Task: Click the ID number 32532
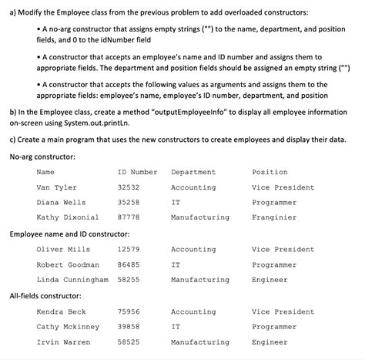[128, 187]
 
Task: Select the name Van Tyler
[57, 187]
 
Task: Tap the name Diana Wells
[61, 202]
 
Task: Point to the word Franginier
[273, 217]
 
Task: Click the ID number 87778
[128, 217]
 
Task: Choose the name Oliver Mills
[63, 250]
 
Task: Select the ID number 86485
[128, 264]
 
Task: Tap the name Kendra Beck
[61, 312]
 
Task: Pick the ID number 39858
[128, 327]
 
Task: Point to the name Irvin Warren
[63, 341]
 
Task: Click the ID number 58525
[128, 341]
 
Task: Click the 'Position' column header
[270, 172]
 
